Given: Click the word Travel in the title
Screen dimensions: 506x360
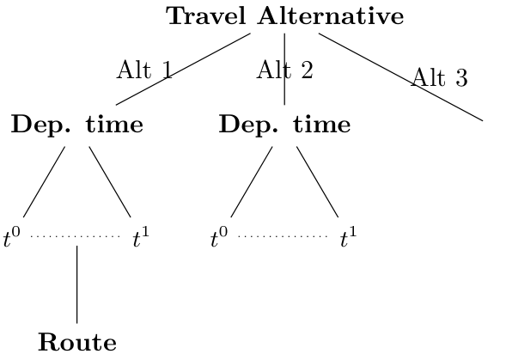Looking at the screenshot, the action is click(x=207, y=15).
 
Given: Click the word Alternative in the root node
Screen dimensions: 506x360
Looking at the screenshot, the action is click(x=331, y=15).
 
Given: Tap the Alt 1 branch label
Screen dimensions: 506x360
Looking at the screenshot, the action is click(x=145, y=70).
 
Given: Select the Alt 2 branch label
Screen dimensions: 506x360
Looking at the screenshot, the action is click(x=285, y=70).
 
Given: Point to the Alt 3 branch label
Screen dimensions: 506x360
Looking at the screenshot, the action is click(x=440, y=77).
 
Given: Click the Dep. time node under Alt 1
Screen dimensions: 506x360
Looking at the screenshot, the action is click(x=77, y=125).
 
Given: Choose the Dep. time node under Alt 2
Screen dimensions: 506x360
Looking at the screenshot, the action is click(x=285, y=125).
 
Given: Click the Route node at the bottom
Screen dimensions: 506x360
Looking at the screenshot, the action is click(x=77, y=342).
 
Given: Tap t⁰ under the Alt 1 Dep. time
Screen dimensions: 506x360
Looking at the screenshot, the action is click(x=12, y=237).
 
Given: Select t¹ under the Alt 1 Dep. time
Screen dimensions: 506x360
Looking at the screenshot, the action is click(x=142, y=237).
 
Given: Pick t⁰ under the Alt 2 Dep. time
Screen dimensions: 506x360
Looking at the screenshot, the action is click(x=219, y=237).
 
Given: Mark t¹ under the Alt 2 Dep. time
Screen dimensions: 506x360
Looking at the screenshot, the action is click(x=349, y=237).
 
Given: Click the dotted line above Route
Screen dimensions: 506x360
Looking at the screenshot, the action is click(x=76, y=236).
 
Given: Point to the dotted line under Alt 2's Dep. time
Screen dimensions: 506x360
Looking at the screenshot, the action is click(x=283, y=236).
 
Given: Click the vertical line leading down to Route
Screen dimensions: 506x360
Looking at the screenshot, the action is click(x=76, y=284).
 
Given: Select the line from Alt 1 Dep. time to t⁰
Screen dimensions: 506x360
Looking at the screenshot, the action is click(x=44, y=182).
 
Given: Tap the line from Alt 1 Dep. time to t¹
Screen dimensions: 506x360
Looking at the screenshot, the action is click(x=110, y=182).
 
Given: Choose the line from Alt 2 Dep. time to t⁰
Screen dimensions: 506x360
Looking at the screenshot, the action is click(x=252, y=182).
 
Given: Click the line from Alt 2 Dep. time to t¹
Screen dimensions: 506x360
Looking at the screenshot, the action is click(x=318, y=182).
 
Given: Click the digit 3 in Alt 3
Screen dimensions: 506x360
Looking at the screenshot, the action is click(x=461, y=78).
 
